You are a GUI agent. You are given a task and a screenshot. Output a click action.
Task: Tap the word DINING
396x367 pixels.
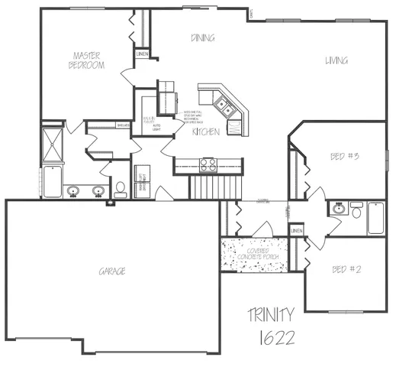point(202,37)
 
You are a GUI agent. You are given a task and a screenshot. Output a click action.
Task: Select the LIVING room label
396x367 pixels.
point(336,60)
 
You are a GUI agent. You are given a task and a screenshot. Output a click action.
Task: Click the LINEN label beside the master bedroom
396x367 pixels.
point(143,54)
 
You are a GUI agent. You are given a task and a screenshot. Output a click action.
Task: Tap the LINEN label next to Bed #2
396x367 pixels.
point(297,230)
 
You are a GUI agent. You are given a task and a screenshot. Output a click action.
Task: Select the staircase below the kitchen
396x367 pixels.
point(215,185)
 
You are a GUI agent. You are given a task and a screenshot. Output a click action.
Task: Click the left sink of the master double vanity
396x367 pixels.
point(73,190)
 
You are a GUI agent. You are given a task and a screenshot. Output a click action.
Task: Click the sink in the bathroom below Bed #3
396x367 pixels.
point(338,207)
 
